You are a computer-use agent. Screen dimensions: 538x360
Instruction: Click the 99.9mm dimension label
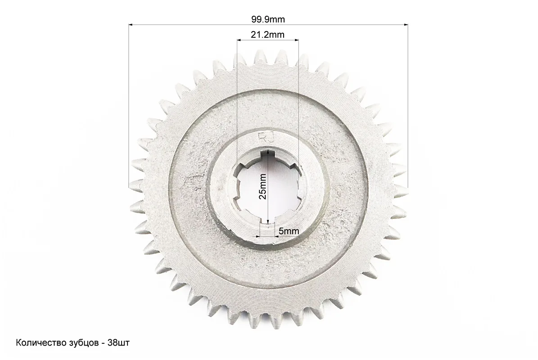(268, 19)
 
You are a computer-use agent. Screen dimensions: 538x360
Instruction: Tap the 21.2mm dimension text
(267, 35)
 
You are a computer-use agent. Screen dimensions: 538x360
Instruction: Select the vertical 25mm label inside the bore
(262, 186)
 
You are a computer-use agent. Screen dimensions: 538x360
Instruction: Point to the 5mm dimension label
(289, 231)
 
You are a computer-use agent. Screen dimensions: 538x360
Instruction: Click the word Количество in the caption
(36, 343)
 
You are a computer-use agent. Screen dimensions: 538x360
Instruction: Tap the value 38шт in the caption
(119, 343)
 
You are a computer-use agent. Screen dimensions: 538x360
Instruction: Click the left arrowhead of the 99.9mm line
(131, 24)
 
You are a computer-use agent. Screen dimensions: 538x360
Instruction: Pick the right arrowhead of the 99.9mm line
(406, 24)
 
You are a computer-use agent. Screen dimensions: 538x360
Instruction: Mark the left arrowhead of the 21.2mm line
(239, 40)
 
